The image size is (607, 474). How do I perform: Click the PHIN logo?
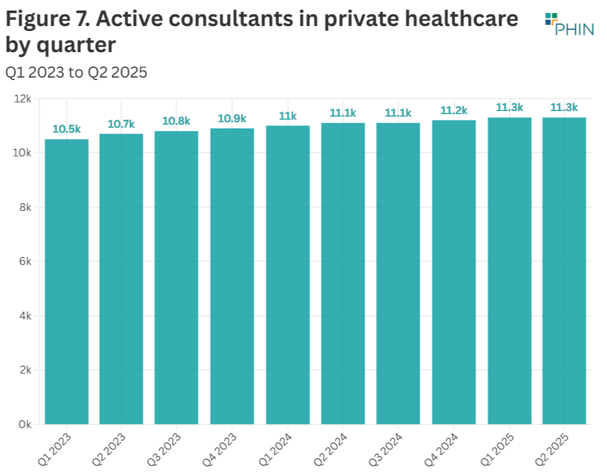click(569, 24)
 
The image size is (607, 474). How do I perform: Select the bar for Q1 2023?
click(66, 282)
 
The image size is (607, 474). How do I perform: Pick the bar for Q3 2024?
click(398, 274)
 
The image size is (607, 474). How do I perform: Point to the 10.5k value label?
click(66, 129)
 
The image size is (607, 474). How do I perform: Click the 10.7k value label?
click(122, 124)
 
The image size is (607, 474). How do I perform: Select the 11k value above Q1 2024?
click(288, 116)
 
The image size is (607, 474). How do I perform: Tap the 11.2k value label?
click(453, 110)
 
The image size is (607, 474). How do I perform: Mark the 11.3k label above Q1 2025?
click(509, 107)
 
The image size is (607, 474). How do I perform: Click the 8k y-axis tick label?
click(25, 207)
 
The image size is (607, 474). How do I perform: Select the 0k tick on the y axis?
click(25, 424)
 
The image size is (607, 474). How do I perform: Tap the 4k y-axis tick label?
click(25, 316)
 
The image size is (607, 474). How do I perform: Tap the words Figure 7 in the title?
click(48, 19)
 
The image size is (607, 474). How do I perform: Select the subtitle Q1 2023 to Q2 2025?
click(76, 72)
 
